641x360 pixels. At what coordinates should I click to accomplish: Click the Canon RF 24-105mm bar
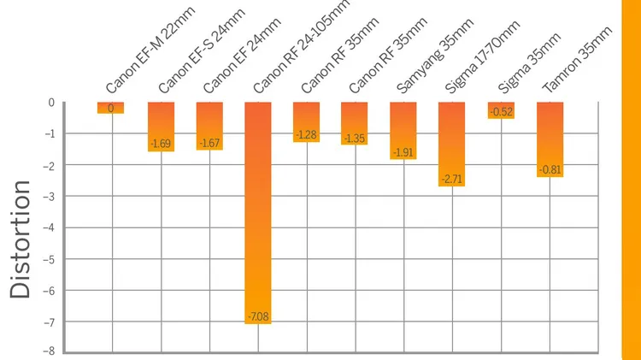point(258,213)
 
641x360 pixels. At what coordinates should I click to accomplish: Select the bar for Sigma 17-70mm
point(452,145)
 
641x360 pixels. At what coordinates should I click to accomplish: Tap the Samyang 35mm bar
point(403,131)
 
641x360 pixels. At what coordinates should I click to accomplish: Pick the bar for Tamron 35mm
point(550,139)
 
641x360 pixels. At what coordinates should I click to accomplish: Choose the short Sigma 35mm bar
point(501,110)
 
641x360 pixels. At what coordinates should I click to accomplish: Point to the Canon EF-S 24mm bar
point(161,127)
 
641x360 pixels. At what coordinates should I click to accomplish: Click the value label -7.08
point(258,316)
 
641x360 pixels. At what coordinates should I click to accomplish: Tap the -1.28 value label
point(306,134)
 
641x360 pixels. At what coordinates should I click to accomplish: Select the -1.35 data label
point(355,139)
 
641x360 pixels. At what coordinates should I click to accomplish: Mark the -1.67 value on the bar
point(209,143)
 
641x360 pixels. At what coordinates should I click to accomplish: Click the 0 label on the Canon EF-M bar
point(111,109)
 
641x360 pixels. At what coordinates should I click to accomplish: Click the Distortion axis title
point(20,239)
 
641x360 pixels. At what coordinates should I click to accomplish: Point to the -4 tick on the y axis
point(49,227)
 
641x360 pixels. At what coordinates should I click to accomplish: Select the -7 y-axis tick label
point(49,322)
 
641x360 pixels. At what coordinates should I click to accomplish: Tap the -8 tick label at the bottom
point(49,351)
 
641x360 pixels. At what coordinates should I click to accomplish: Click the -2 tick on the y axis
point(49,165)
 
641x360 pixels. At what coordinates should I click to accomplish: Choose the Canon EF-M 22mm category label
point(150,50)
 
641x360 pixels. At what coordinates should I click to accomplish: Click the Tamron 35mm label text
point(577,59)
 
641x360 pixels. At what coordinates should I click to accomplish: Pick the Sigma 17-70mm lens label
point(482,56)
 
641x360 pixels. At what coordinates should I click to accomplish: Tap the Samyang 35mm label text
point(435,56)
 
